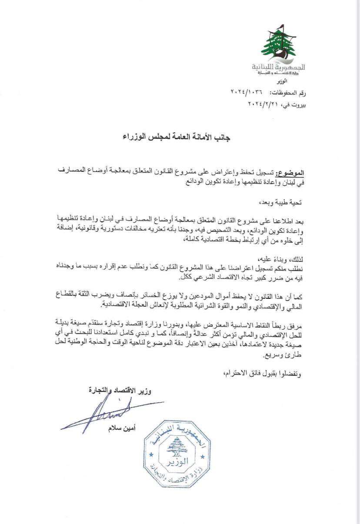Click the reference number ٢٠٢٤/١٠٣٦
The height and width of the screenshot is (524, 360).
(x=248, y=93)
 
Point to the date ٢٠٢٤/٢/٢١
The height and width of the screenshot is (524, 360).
(x=263, y=104)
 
